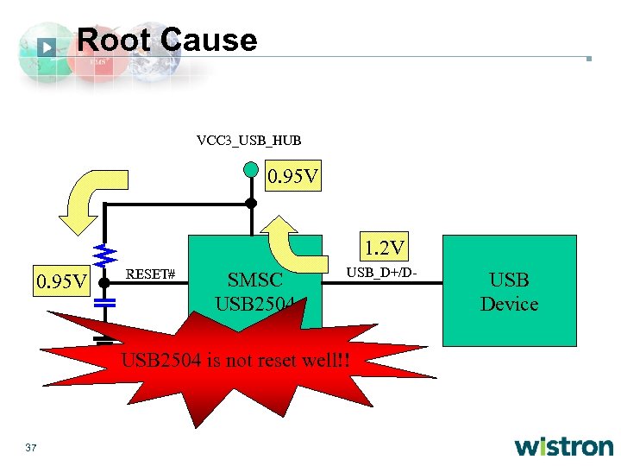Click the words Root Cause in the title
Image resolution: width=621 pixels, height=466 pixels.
click(x=166, y=40)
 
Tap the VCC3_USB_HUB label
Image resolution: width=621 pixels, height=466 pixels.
click(x=248, y=140)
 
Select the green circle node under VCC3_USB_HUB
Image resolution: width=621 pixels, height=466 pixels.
click(x=250, y=169)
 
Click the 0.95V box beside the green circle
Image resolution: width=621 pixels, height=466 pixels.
click(x=293, y=178)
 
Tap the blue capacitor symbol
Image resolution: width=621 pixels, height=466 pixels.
click(x=104, y=304)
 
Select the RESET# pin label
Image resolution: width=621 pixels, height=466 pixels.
click(x=151, y=274)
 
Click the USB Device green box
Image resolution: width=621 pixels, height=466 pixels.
click(x=509, y=291)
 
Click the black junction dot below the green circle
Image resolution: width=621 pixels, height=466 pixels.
click(x=250, y=204)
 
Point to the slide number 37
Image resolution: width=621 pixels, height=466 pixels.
click(x=32, y=447)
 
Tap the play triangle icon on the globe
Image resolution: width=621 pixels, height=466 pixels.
click(x=47, y=47)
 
